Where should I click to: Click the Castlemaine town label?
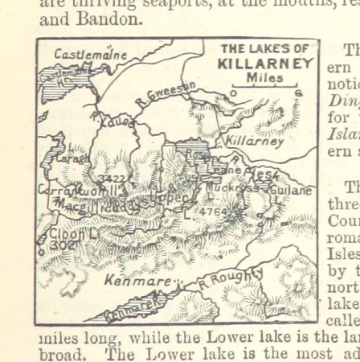(90, 55)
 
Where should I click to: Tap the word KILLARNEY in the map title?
(265, 63)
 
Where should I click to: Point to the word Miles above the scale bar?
(264, 77)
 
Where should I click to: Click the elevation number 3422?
(112, 179)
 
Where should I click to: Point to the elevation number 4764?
(215, 212)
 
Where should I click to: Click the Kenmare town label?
(137, 282)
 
